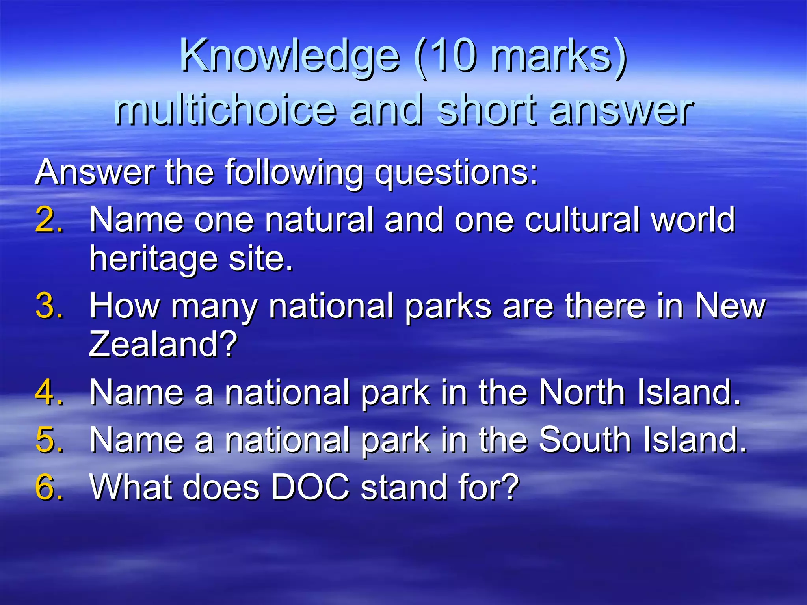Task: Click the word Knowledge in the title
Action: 290,57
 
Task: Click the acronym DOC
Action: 310,488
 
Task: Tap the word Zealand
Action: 163,344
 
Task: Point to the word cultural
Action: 582,220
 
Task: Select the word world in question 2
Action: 693,220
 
